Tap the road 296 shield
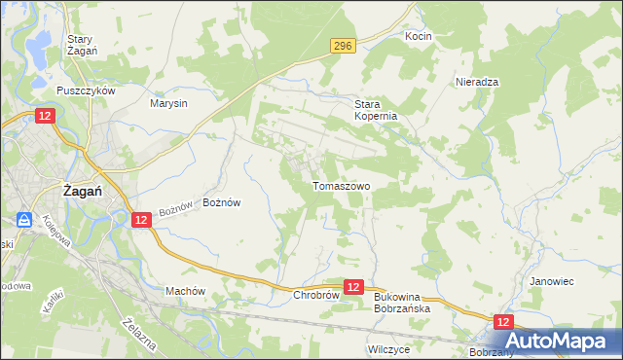(342, 45)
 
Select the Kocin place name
(419, 36)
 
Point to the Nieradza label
(477, 83)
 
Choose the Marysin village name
(168, 102)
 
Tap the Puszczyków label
(86, 90)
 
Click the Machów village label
(185, 291)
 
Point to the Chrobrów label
(314, 294)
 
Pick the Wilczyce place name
(388, 347)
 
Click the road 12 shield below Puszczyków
(46, 115)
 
